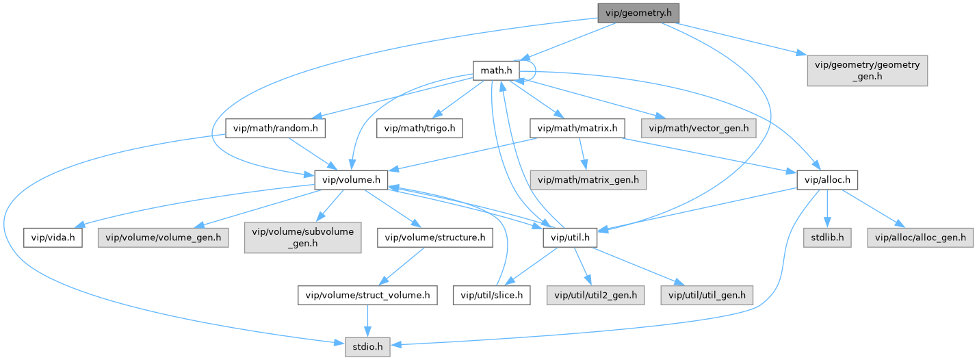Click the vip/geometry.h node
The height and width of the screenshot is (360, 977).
pyautogui.click(x=638, y=12)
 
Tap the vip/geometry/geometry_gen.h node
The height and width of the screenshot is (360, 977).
pyautogui.click(x=867, y=71)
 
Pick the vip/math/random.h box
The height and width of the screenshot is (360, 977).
pyautogui.click(x=276, y=128)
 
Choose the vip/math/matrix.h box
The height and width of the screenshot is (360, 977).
pyautogui.click(x=577, y=128)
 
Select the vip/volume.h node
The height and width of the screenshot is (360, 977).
pyautogui.click(x=352, y=180)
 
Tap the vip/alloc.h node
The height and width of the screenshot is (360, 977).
pyautogui.click(x=828, y=180)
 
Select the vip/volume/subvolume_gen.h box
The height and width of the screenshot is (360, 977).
pyautogui.click(x=301, y=238)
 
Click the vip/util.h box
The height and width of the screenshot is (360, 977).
pyautogui.click(x=569, y=237)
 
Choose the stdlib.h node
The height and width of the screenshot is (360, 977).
pyautogui.click(x=826, y=237)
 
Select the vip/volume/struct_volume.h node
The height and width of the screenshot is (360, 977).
pyautogui.click(x=367, y=295)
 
